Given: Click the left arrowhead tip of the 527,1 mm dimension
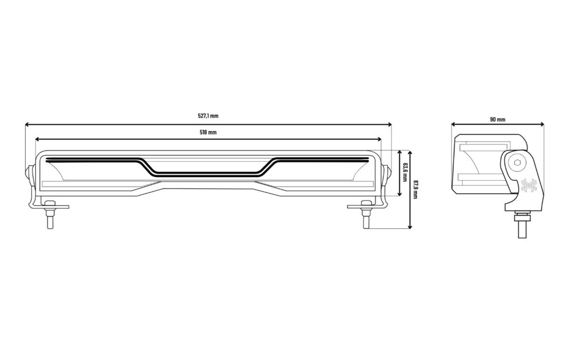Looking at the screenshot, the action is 25,125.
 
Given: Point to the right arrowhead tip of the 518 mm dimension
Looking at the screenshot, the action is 381,139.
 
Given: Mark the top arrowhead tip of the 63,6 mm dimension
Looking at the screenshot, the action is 400,150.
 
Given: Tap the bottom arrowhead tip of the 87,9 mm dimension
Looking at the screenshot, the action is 411,229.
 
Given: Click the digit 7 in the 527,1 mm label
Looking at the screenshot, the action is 204,116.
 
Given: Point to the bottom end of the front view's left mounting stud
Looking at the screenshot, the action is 50,228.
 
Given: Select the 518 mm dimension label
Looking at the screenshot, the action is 208,132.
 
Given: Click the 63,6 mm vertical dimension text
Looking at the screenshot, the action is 405,172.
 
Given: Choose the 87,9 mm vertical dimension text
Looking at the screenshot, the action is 416,190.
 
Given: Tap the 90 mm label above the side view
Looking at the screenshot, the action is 497,119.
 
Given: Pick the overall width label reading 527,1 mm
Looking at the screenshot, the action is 208,116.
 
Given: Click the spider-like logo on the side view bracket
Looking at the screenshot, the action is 529,186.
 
